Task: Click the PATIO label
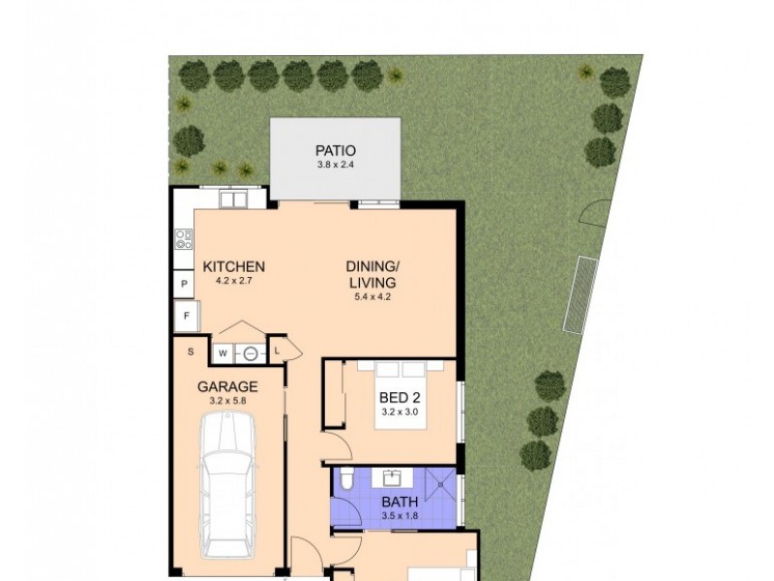click(x=335, y=150)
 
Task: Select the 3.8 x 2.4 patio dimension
click(x=335, y=166)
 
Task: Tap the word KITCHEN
click(x=233, y=267)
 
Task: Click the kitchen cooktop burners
click(x=183, y=238)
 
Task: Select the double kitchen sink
click(x=233, y=199)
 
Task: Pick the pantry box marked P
click(x=184, y=284)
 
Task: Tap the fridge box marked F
click(x=185, y=316)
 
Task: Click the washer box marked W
click(x=223, y=353)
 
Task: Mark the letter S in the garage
click(x=191, y=351)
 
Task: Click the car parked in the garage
click(x=230, y=484)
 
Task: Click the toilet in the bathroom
click(x=342, y=481)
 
